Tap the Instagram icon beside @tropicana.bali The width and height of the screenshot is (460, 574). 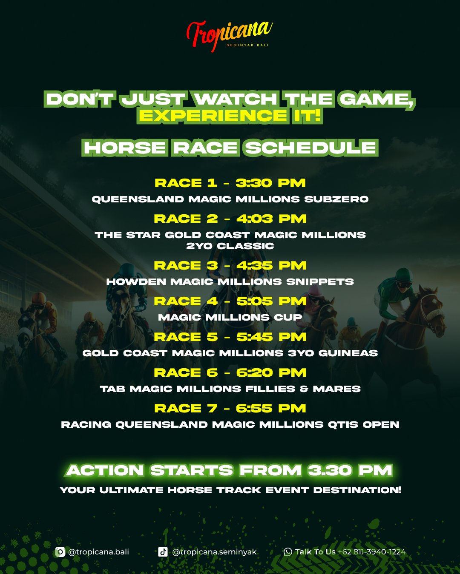pyautogui.click(x=60, y=552)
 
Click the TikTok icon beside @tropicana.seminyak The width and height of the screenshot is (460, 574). pyautogui.click(x=163, y=552)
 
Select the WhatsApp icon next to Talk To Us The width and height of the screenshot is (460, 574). pyautogui.click(x=288, y=552)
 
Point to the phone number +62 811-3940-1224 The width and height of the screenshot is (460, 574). pyautogui.click(x=372, y=552)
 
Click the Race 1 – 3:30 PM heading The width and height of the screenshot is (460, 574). pyautogui.click(x=230, y=183)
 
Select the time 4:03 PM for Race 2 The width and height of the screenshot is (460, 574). pyautogui.click(x=271, y=219)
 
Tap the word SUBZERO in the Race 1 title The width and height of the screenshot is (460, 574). pyautogui.click(x=336, y=199)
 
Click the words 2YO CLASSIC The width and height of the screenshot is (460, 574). pyautogui.click(x=230, y=246)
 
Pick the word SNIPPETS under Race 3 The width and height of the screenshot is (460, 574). pyautogui.click(x=320, y=281)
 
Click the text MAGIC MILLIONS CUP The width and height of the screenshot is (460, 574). pyautogui.click(x=230, y=318)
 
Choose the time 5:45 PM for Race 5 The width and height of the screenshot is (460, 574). pyautogui.click(x=271, y=337)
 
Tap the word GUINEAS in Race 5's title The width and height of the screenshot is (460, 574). pyautogui.click(x=348, y=353)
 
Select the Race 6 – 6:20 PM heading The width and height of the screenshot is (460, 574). pyautogui.click(x=230, y=372)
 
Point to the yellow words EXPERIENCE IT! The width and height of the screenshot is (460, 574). pyautogui.click(x=230, y=116)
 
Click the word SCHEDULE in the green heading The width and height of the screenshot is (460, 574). pyautogui.click(x=311, y=148)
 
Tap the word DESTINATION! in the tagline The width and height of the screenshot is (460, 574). pyautogui.click(x=357, y=490)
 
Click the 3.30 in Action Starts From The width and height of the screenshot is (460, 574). pyautogui.click(x=330, y=470)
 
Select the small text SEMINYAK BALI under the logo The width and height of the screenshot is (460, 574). pyautogui.click(x=247, y=45)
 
